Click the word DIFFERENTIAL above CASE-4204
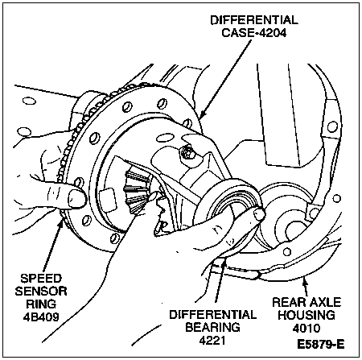pyautogui.click(x=254, y=20)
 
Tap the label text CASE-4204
pyautogui.click(x=254, y=33)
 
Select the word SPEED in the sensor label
pyautogui.click(x=41, y=279)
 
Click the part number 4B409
pyautogui.click(x=41, y=317)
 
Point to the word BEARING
pyautogui.click(x=212, y=327)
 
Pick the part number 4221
pyautogui.click(x=212, y=341)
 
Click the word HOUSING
pyautogui.click(x=306, y=315)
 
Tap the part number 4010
pyautogui.click(x=306, y=328)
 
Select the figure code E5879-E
pyautogui.click(x=320, y=344)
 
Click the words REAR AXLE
pyautogui.click(x=306, y=302)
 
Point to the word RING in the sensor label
pyautogui.click(x=41, y=304)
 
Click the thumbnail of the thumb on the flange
pyautogui.click(x=76, y=198)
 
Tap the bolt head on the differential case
pyautogui.click(x=187, y=152)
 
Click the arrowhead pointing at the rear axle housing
pyautogui.click(x=304, y=281)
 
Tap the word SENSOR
pyautogui.click(x=41, y=292)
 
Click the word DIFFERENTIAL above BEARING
pyautogui.click(x=212, y=314)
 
